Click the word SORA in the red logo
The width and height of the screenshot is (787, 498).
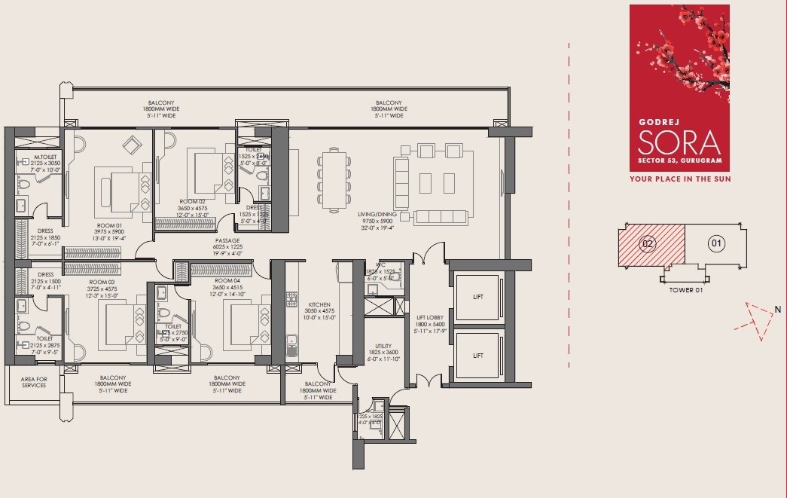(679, 142)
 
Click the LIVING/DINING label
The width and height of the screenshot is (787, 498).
(377, 213)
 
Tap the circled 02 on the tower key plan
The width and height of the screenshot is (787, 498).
(646, 243)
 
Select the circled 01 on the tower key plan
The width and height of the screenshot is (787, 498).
(715, 243)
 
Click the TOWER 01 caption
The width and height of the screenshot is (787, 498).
(685, 289)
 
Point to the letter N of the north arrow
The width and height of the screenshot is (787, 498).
(776, 307)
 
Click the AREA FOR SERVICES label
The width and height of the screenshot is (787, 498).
(33, 382)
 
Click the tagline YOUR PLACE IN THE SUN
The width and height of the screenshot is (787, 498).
(680, 179)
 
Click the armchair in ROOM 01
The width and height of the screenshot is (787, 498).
(133, 145)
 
